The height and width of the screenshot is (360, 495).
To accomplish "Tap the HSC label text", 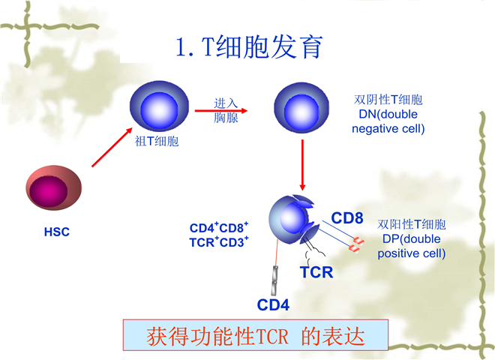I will point(56,232).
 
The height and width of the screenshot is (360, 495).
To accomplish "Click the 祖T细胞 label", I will point(157,140).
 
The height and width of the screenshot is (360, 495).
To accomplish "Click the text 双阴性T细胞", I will point(388,100).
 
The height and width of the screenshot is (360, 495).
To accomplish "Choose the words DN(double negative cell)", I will point(388,121).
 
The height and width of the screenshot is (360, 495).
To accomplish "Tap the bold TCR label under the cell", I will point(316,272).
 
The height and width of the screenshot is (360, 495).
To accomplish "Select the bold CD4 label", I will point(274,304).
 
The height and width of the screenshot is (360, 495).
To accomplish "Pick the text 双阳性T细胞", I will point(412,224).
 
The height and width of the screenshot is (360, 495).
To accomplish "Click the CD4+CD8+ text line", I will point(219,228).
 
